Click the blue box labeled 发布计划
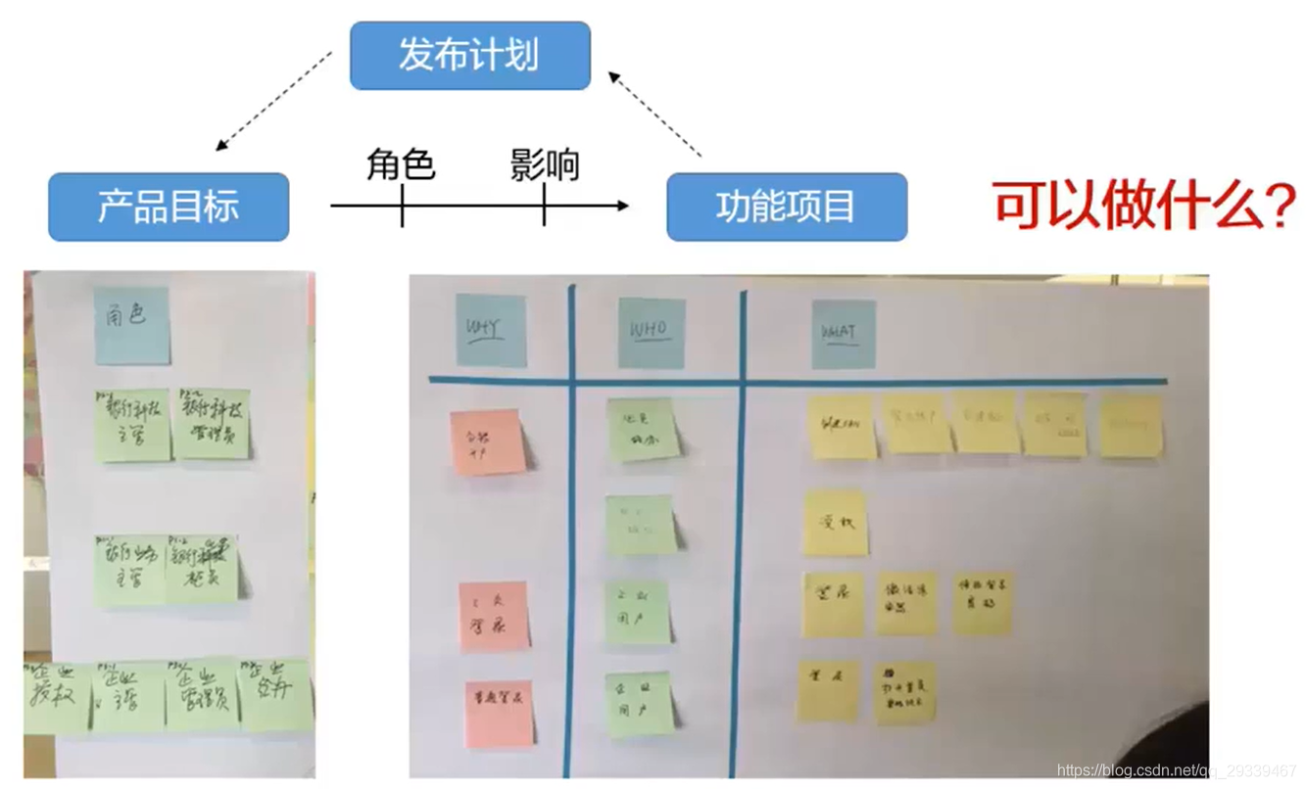pos(470,56)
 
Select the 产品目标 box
pos(169,207)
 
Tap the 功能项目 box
pos(787,207)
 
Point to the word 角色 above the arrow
pos(401,164)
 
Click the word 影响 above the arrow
pos(545,164)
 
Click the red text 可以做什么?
pos(1144,206)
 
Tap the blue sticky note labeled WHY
pos(490,331)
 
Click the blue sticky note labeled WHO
pos(651,333)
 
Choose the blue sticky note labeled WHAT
pos(843,334)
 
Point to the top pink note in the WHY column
pos(487,442)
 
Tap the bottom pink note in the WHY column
pos(499,713)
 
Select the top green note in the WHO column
pos(643,430)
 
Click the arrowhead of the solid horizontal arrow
pos(621,206)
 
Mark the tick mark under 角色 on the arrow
pos(402,207)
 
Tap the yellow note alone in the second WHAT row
pos(836,523)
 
